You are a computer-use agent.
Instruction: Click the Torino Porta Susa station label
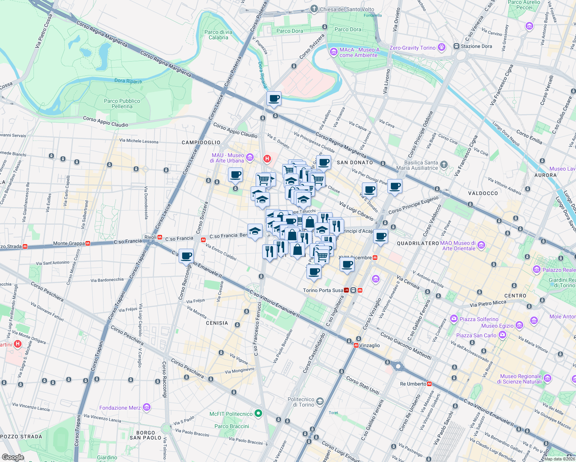click(x=323, y=290)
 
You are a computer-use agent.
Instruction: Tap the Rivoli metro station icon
click(x=159, y=237)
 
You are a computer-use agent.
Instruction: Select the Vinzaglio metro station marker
click(x=356, y=345)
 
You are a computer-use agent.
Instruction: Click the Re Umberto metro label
click(x=413, y=384)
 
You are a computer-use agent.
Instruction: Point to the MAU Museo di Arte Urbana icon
click(x=249, y=157)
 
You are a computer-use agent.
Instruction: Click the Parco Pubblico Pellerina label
click(x=122, y=104)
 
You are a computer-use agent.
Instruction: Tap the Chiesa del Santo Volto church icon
click(x=314, y=9)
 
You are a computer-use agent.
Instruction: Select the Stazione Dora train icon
click(x=457, y=46)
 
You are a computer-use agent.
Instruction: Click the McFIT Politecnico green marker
click(x=258, y=414)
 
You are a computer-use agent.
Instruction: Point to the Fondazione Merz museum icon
click(x=146, y=407)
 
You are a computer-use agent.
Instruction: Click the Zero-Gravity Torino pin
click(x=441, y=47)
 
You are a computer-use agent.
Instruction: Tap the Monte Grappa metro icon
click(x=88, y=243)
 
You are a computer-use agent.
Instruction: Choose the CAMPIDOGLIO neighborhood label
click(x=201, y=142)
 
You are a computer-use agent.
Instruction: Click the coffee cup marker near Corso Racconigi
click(x=186, y=256)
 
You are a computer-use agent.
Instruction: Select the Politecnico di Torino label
click(x=301, y=402)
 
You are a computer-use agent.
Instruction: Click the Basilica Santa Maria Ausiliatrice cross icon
click(x=444, y=165)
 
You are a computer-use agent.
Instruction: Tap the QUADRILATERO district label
click(x=418, y=243)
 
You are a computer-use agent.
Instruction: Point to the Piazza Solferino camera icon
click(x=454, y=319)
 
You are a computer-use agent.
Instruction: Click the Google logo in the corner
click(x=13, y=457)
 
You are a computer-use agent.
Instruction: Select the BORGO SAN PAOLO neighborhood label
click(x=146, y=435)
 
